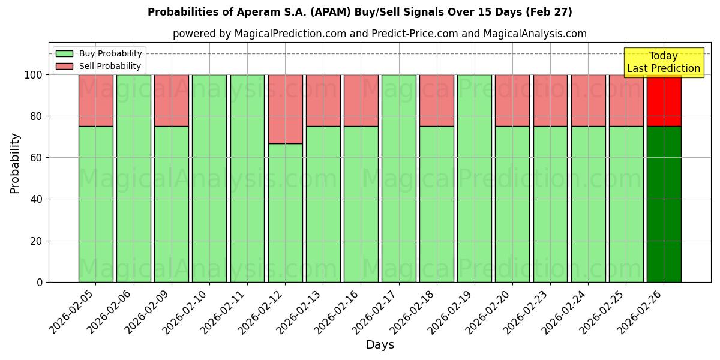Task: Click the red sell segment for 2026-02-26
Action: click(664, 100)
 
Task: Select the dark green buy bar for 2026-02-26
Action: click(664, 204)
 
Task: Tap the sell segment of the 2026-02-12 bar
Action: click(285, 109)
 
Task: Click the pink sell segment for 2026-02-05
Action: click(95, 100)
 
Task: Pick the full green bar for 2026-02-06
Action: click(133, 178)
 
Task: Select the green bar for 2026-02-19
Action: click(474, 178)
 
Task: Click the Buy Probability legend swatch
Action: click(64, 53)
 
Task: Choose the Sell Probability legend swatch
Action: click(64, 66)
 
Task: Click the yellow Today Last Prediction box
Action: click(664, 62)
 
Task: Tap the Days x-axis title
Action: click(380, 345)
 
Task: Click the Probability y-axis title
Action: click(16, 163)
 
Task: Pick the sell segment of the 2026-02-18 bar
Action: click(436, 100)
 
